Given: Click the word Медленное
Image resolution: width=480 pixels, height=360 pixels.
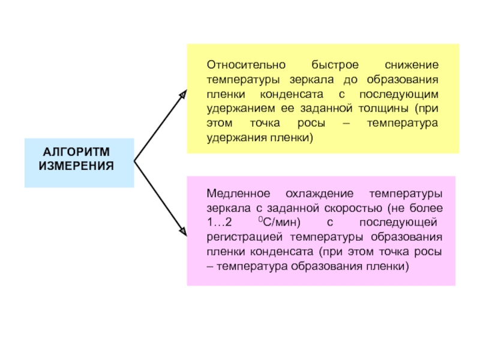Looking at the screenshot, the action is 235,194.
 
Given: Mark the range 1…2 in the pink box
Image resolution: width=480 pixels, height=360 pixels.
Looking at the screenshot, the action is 220,223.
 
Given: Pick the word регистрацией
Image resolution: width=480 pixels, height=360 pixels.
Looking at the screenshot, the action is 241,238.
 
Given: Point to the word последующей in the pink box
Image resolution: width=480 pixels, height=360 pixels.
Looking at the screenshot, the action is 408,223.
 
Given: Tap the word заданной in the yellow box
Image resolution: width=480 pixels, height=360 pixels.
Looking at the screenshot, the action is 325,109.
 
